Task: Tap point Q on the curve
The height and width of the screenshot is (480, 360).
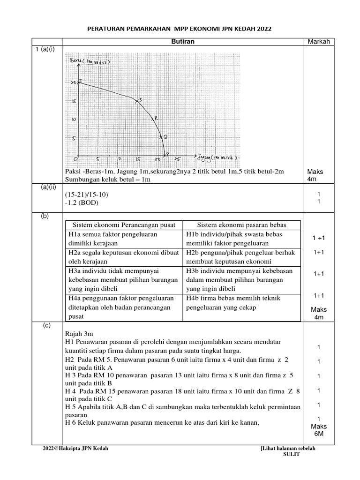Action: point(160,137)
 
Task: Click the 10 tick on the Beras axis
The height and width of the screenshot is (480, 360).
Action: point(74,119)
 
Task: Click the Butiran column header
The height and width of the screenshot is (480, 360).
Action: point(182,42)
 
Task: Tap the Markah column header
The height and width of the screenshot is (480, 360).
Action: point(319,42)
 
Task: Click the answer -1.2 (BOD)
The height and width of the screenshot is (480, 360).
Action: point(83,203)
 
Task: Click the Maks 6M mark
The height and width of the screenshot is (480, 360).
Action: point(319,430)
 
